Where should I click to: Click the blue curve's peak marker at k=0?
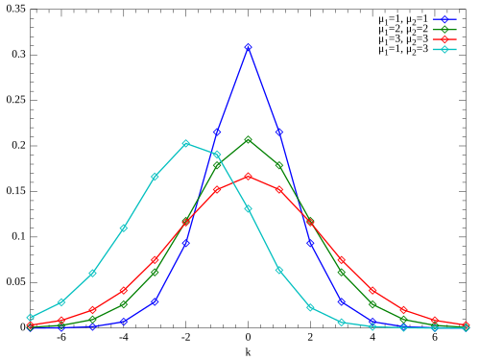(x=248, y=47)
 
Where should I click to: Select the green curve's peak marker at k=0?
(x=248, y=140)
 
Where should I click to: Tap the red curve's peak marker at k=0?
(x=248, y=177)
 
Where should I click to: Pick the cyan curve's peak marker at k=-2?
(x=186, y=143)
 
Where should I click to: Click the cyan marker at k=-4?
(x=124, y=228)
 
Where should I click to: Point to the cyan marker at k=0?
(x=248, y=208)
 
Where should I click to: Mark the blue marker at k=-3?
(x=155, y=301)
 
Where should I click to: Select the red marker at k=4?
(x=372, y=291)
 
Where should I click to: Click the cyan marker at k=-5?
(x=92, y=274)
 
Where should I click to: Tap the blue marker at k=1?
(x=279, y=132)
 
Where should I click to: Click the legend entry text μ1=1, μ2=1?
(x=403, y=20)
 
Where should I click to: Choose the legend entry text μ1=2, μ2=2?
(x=403, y=30)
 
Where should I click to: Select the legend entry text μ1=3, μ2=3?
(x=403, y=40)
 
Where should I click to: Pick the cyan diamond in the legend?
(x=444, y=49)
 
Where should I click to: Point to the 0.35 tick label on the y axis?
(x=15, y=9)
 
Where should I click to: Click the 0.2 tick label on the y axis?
(x=18, y=145)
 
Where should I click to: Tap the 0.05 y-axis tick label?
(x=15, y=282)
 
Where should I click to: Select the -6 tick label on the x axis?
(x=61, y=337)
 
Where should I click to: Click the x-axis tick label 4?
(x=372, y=337)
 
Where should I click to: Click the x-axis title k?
(x=248, y=352)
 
